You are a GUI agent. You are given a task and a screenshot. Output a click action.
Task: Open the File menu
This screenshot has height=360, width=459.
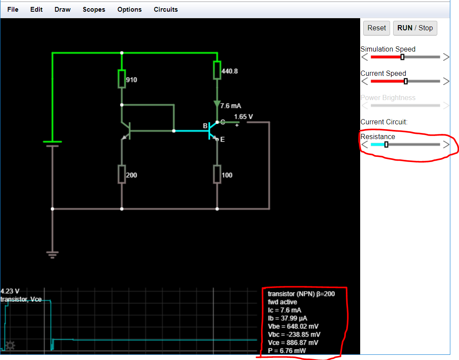point(13,10)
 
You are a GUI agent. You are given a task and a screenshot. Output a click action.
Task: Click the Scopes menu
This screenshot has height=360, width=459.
point(94,10)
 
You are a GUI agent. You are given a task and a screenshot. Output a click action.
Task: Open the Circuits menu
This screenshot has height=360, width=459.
point(166,10)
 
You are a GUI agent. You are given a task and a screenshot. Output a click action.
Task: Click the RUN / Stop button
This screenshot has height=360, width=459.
point(415,28)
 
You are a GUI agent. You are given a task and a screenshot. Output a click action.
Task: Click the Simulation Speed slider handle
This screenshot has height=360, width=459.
point(402,57)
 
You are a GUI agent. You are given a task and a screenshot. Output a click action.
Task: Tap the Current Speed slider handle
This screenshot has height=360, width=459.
point(406,81)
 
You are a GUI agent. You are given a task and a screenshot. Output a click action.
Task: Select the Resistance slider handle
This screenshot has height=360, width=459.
point(386,145)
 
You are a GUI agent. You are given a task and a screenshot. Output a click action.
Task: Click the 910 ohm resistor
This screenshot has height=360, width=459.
point(122,79)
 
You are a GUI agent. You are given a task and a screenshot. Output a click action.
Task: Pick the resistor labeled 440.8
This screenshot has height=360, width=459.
point(217,70)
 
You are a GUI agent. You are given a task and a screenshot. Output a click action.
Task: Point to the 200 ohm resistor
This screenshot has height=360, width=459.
point(122,174)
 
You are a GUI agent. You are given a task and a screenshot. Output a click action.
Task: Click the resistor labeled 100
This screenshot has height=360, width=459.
point(217,174)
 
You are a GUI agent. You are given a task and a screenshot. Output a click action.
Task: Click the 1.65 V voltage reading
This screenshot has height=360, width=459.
point(243,117)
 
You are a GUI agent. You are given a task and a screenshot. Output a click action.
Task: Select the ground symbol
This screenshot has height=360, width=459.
point(52,255)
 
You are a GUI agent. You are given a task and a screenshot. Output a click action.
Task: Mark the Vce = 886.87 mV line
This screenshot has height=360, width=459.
point(293,343)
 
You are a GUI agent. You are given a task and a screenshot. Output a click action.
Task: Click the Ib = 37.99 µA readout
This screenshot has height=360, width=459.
point(288,318)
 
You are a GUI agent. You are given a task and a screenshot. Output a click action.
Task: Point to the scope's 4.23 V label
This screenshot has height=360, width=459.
point(10,291)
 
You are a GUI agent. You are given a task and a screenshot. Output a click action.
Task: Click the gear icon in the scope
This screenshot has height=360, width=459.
point(10,345)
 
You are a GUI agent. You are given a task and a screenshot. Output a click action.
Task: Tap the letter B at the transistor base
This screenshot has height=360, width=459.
point(205,126)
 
